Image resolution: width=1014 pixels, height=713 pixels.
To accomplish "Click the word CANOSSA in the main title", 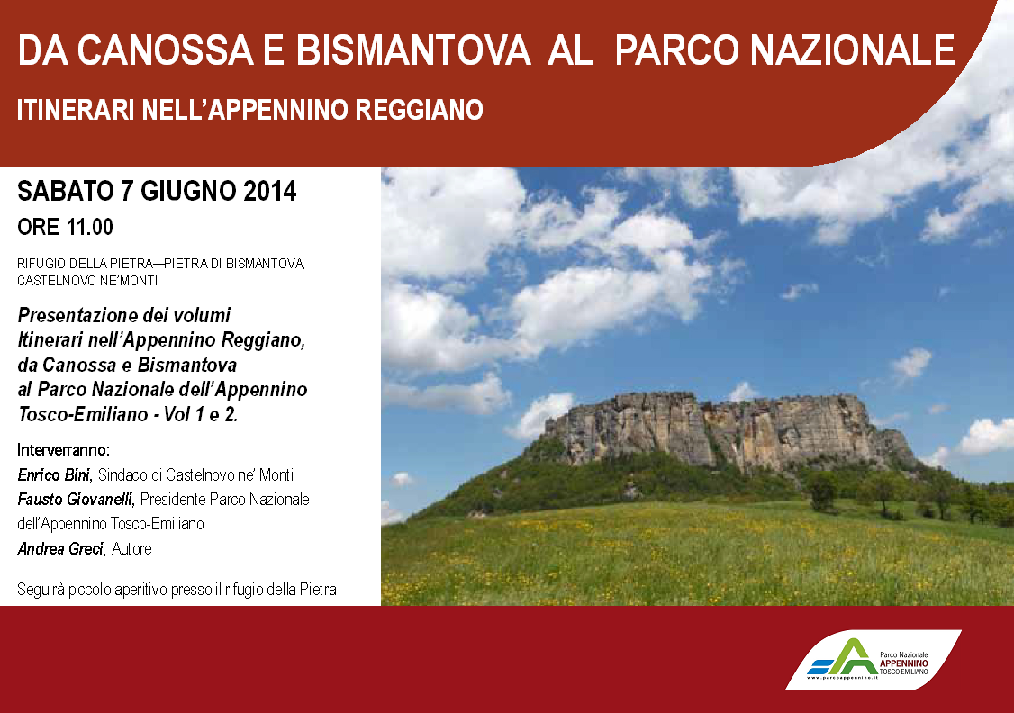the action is (165, 50).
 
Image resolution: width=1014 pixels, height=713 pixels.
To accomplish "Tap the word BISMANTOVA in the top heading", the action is (414, 50).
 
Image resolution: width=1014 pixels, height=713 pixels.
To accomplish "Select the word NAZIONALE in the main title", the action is (852, 50).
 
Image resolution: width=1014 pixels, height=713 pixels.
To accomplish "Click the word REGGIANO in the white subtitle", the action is (419, 109).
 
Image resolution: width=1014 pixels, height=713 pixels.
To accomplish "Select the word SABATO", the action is (66, 192).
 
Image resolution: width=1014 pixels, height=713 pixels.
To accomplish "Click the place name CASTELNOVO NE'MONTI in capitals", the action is (87, 281).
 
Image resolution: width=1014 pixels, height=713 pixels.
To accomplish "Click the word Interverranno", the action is (63, 450).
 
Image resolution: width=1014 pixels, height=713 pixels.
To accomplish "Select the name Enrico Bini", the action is (55, 475).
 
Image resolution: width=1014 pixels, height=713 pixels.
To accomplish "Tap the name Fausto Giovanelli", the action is (76, 500).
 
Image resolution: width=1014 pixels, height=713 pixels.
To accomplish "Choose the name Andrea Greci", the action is (61, 549).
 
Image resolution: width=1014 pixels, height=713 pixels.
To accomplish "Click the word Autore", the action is (131, 549).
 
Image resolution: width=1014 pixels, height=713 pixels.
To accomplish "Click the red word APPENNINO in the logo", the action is (904, 663).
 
